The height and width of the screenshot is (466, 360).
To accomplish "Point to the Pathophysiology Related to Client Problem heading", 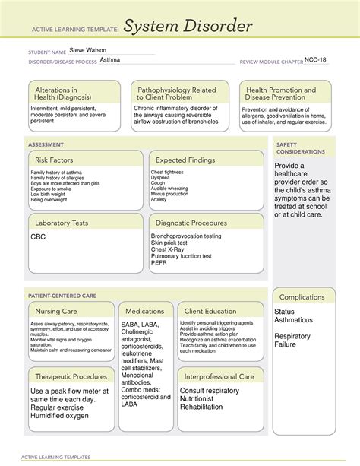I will (x=175, y=94).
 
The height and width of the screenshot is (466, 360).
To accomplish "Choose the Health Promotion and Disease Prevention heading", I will (x=280, y=94).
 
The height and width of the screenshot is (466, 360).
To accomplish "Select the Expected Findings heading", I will (x=186, y=160).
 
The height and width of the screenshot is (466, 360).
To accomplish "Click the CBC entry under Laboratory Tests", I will (x=38, y=237).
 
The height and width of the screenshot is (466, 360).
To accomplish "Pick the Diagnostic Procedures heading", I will (x=191, y=223).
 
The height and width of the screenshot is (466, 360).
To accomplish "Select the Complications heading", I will (x=302, y=296).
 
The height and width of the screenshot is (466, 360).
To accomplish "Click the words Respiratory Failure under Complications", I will (x=292, y=341).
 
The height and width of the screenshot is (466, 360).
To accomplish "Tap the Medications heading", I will (x=145, y=311).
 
